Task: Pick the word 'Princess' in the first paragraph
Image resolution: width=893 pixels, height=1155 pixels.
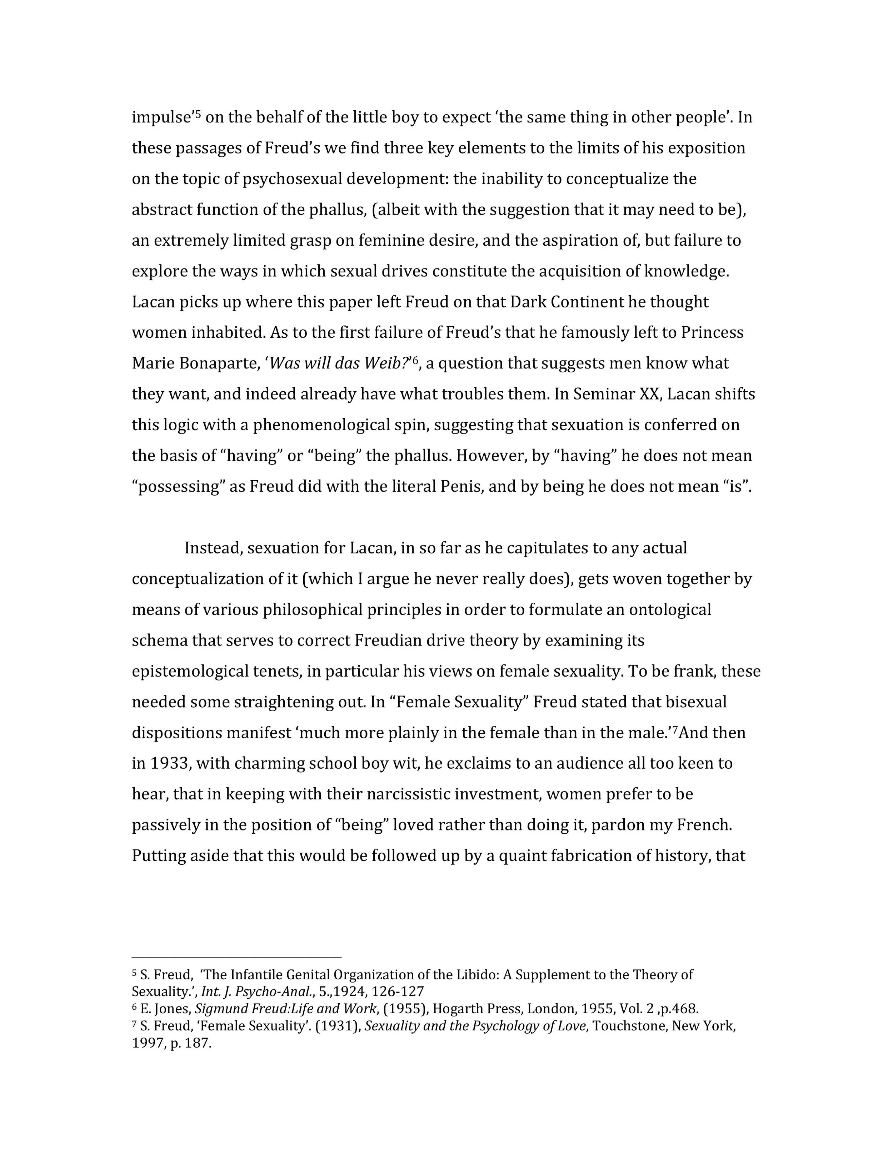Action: pyautogui.click(x=712, y=333)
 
